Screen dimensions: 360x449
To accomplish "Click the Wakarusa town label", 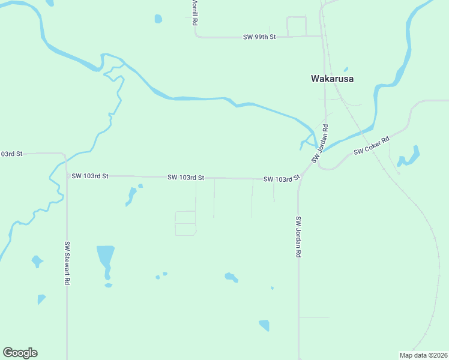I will (332, 79).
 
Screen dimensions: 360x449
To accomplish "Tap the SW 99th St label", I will (259, 37).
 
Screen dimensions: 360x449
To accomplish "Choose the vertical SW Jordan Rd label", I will (297, 236).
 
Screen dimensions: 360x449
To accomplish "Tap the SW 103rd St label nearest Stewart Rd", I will (89, 176).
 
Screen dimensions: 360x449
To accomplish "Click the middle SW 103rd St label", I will (186, 178).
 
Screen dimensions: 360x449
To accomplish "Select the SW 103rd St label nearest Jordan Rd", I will (281, 179).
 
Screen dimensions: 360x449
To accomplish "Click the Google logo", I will (20, 353).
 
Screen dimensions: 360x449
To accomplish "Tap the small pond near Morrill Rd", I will (158, 19).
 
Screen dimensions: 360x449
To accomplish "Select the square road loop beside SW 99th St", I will (297, 26).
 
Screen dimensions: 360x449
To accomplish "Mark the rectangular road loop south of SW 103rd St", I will (185, 223).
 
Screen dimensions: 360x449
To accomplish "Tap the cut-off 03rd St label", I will (11, 154).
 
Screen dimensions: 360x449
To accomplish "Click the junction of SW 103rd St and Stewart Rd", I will (67, 176).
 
